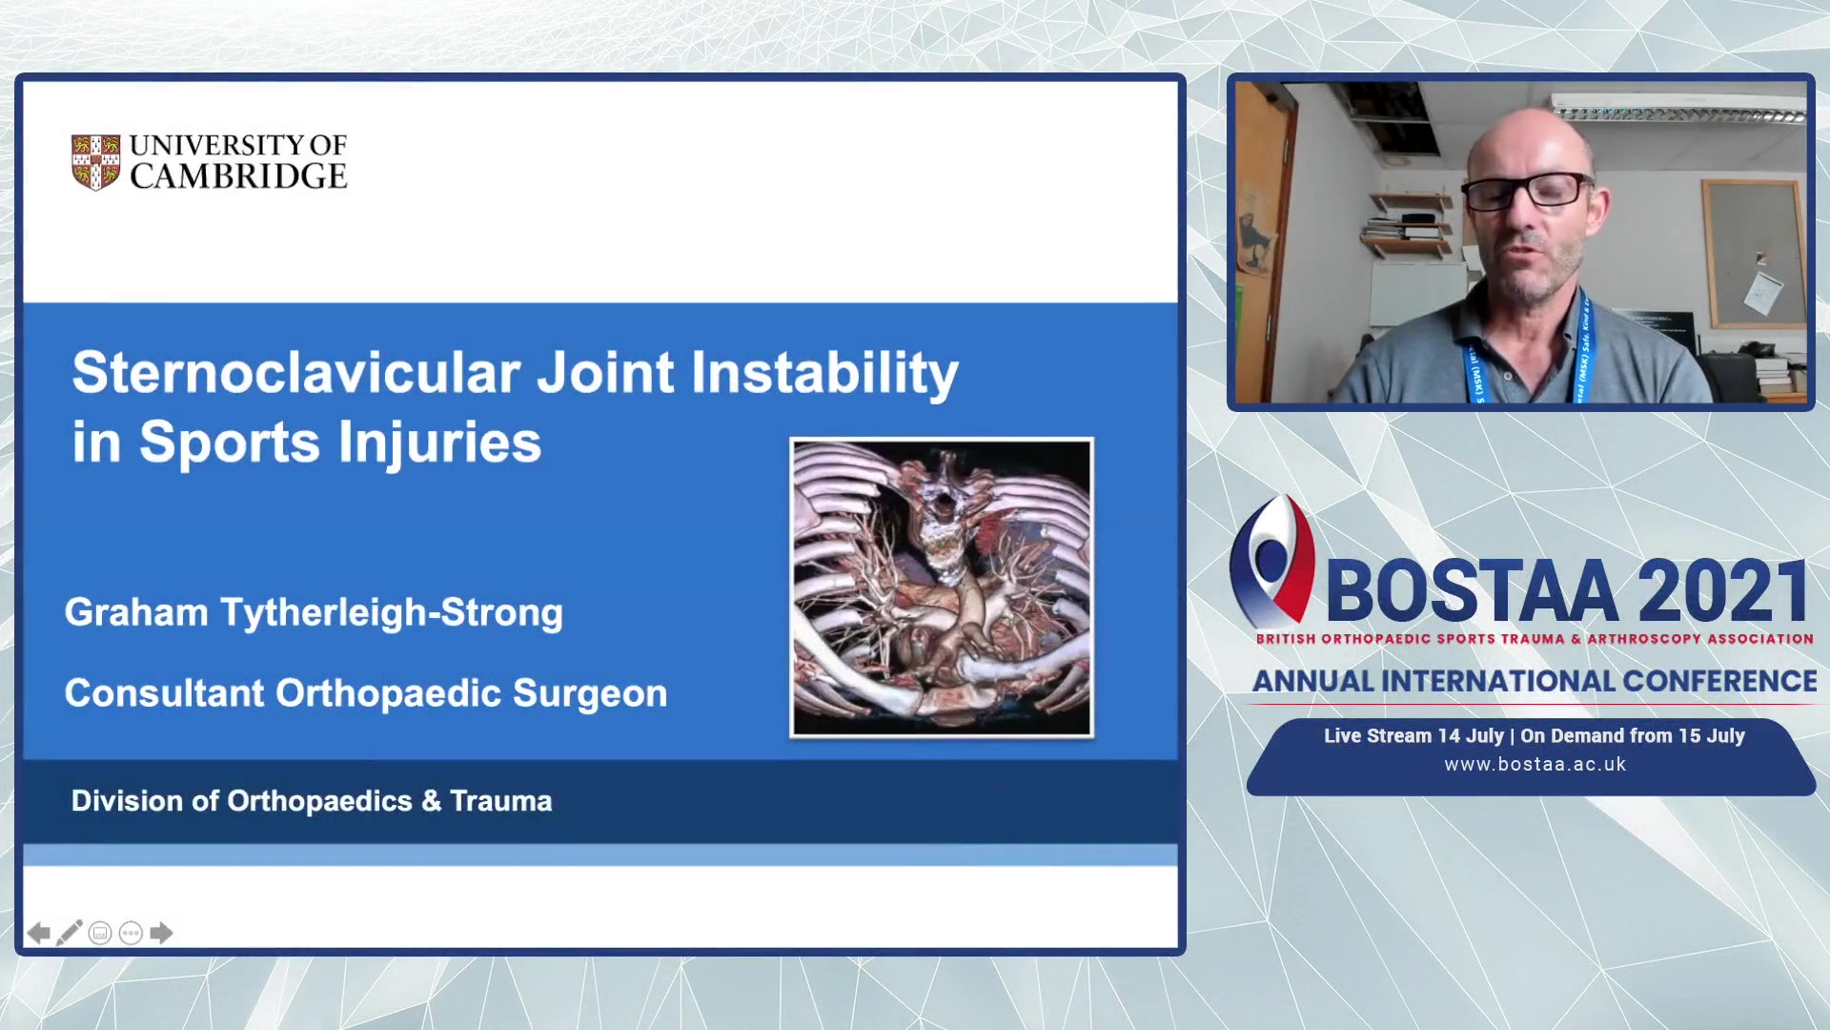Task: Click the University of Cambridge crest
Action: pos(96,162)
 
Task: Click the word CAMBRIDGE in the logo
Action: pos(238,176)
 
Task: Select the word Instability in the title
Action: pos(825,374)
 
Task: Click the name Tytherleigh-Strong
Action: pos(392,613)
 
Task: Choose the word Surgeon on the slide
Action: pos(590,694)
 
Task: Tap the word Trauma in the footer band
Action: pos(501,801)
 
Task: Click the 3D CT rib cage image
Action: pos(942,587)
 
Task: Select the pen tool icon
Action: pos(69,933)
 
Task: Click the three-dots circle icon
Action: pos(131,933)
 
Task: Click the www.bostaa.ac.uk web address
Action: pos(1535,765)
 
